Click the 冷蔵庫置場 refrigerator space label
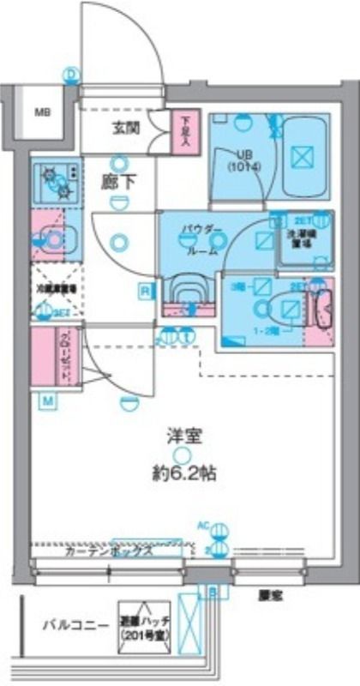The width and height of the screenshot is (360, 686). pos(57,290)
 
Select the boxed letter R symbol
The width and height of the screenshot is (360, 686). pos(147,292)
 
